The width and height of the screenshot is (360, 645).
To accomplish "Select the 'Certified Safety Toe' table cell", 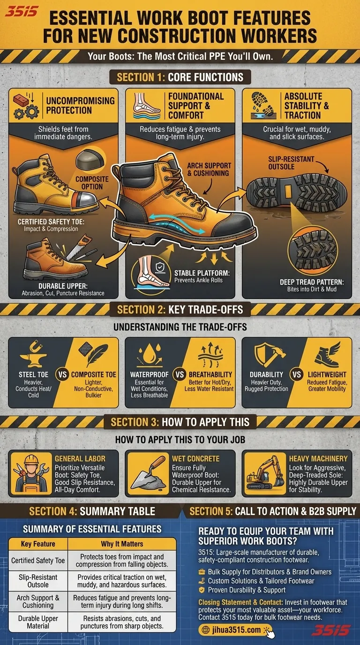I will (x=38, y=561).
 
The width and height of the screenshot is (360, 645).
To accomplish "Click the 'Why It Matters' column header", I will (x=122, y=544).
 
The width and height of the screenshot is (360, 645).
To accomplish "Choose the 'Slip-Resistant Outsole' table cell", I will (x=38, y=581).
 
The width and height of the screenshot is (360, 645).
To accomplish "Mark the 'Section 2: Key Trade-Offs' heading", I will (x=180, y=309).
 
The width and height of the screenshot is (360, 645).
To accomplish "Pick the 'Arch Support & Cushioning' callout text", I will (x=209, y=169).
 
